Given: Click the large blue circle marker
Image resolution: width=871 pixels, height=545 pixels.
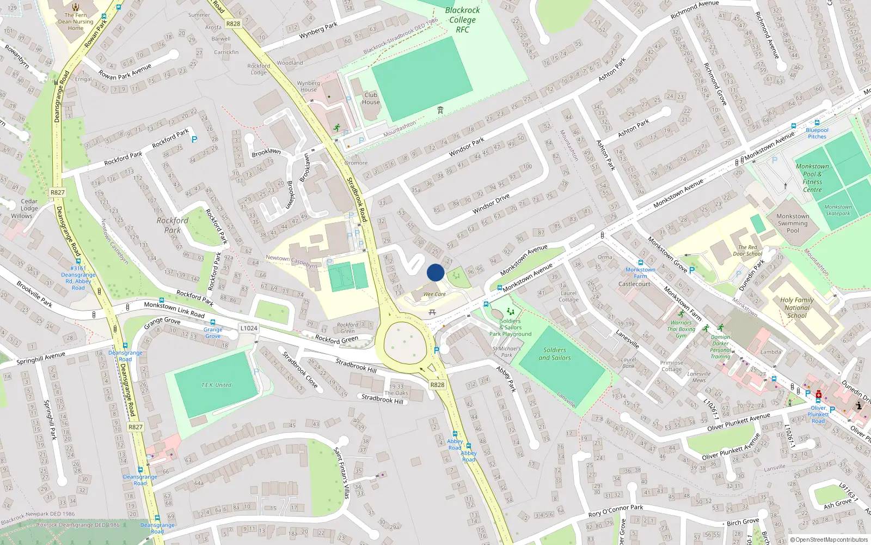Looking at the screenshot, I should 436,272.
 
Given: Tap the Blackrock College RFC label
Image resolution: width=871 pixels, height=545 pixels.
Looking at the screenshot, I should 463,20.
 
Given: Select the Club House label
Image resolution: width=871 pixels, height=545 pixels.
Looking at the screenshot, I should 371,99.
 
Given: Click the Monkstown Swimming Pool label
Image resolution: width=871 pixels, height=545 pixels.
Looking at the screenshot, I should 793,223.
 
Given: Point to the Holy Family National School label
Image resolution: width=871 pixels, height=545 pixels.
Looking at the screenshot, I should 797,307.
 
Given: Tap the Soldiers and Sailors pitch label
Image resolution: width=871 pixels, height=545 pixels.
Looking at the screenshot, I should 555,354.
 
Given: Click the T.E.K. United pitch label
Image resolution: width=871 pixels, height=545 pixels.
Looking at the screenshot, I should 216,385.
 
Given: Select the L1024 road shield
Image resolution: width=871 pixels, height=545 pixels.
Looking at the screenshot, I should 249,328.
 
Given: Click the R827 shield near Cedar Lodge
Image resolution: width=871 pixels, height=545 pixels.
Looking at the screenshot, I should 58,192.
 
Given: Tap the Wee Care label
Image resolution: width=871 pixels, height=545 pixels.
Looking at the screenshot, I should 434,294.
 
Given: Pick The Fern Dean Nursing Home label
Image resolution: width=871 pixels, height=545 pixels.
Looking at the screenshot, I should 76,22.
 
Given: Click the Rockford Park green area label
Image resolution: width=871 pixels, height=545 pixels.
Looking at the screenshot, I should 173,225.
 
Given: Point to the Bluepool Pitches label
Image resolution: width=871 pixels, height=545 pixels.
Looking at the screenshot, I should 817,134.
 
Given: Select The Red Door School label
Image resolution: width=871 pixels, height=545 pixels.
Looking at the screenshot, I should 747,251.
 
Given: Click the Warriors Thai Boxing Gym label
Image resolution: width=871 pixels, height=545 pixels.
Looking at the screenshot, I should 681,329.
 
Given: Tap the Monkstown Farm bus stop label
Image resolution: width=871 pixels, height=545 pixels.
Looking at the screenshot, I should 640,273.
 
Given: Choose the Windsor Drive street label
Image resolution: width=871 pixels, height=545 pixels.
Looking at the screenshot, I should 491,203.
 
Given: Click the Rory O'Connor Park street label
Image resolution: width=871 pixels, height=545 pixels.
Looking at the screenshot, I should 616,511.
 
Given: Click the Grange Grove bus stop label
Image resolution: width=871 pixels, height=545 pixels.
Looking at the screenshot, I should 213,332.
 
